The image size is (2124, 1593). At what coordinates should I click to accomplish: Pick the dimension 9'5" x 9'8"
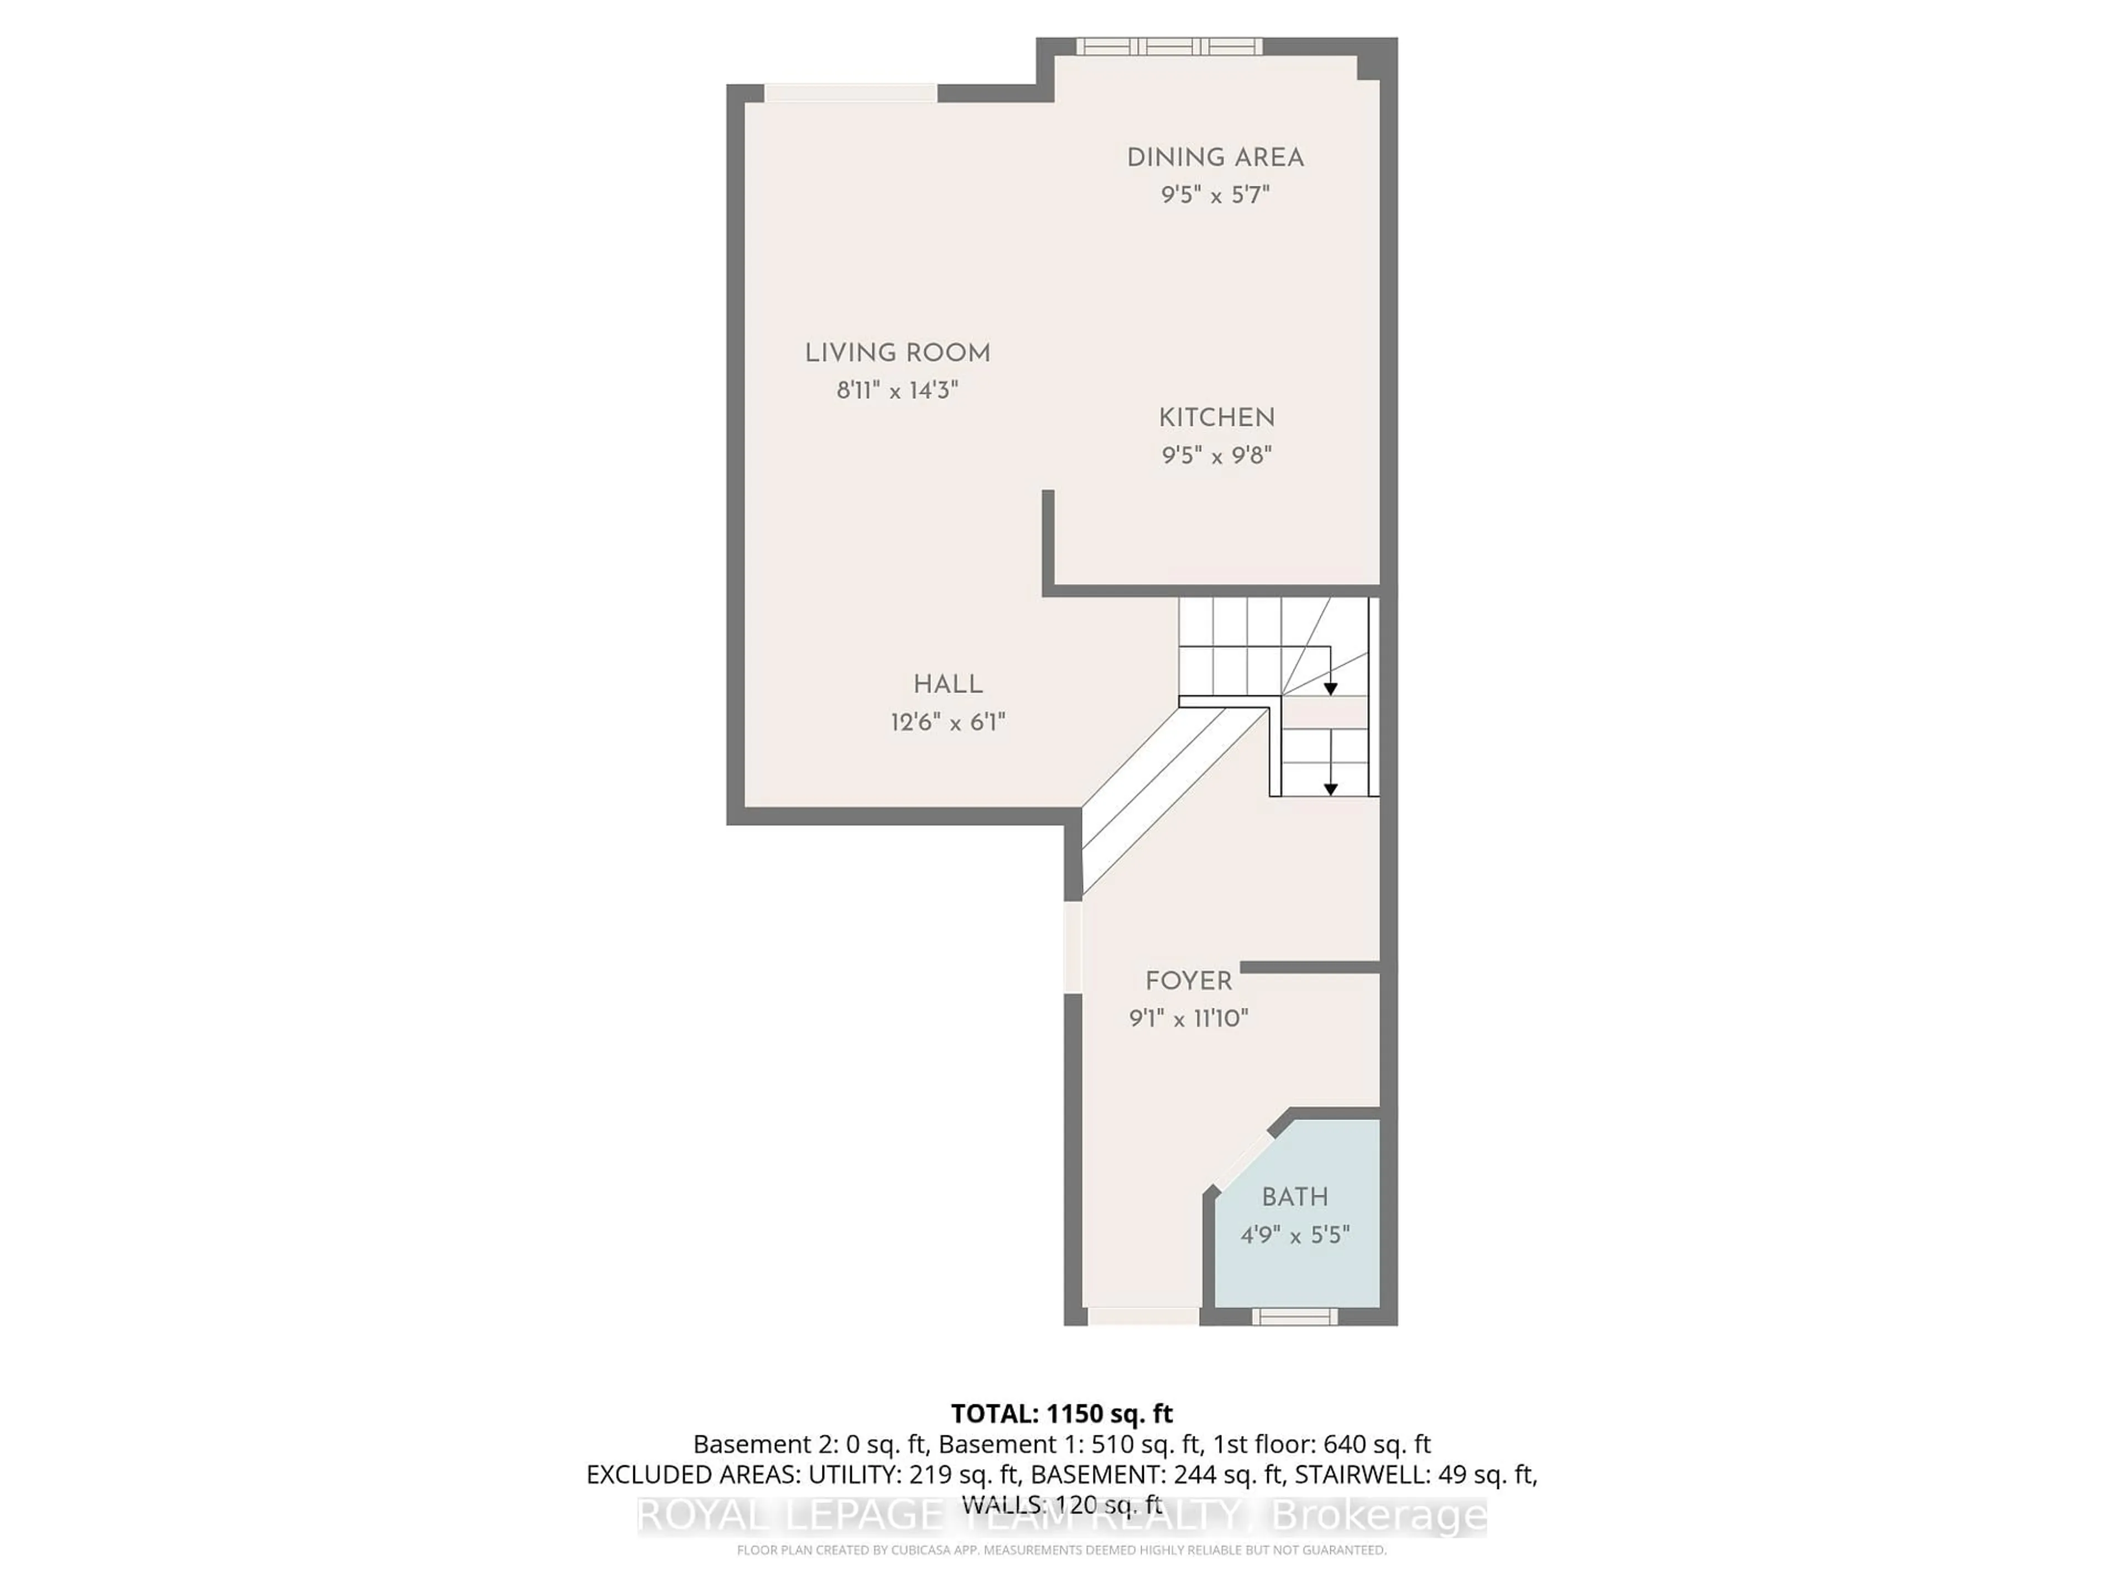pos(1216,455)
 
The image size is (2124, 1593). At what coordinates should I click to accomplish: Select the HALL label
pos(947,685)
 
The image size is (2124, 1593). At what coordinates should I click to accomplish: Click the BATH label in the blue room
pos(1294,1198)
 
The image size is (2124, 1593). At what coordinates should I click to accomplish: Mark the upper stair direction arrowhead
pos(1331,689)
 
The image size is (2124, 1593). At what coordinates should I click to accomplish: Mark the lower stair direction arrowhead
pos(1331,789)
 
